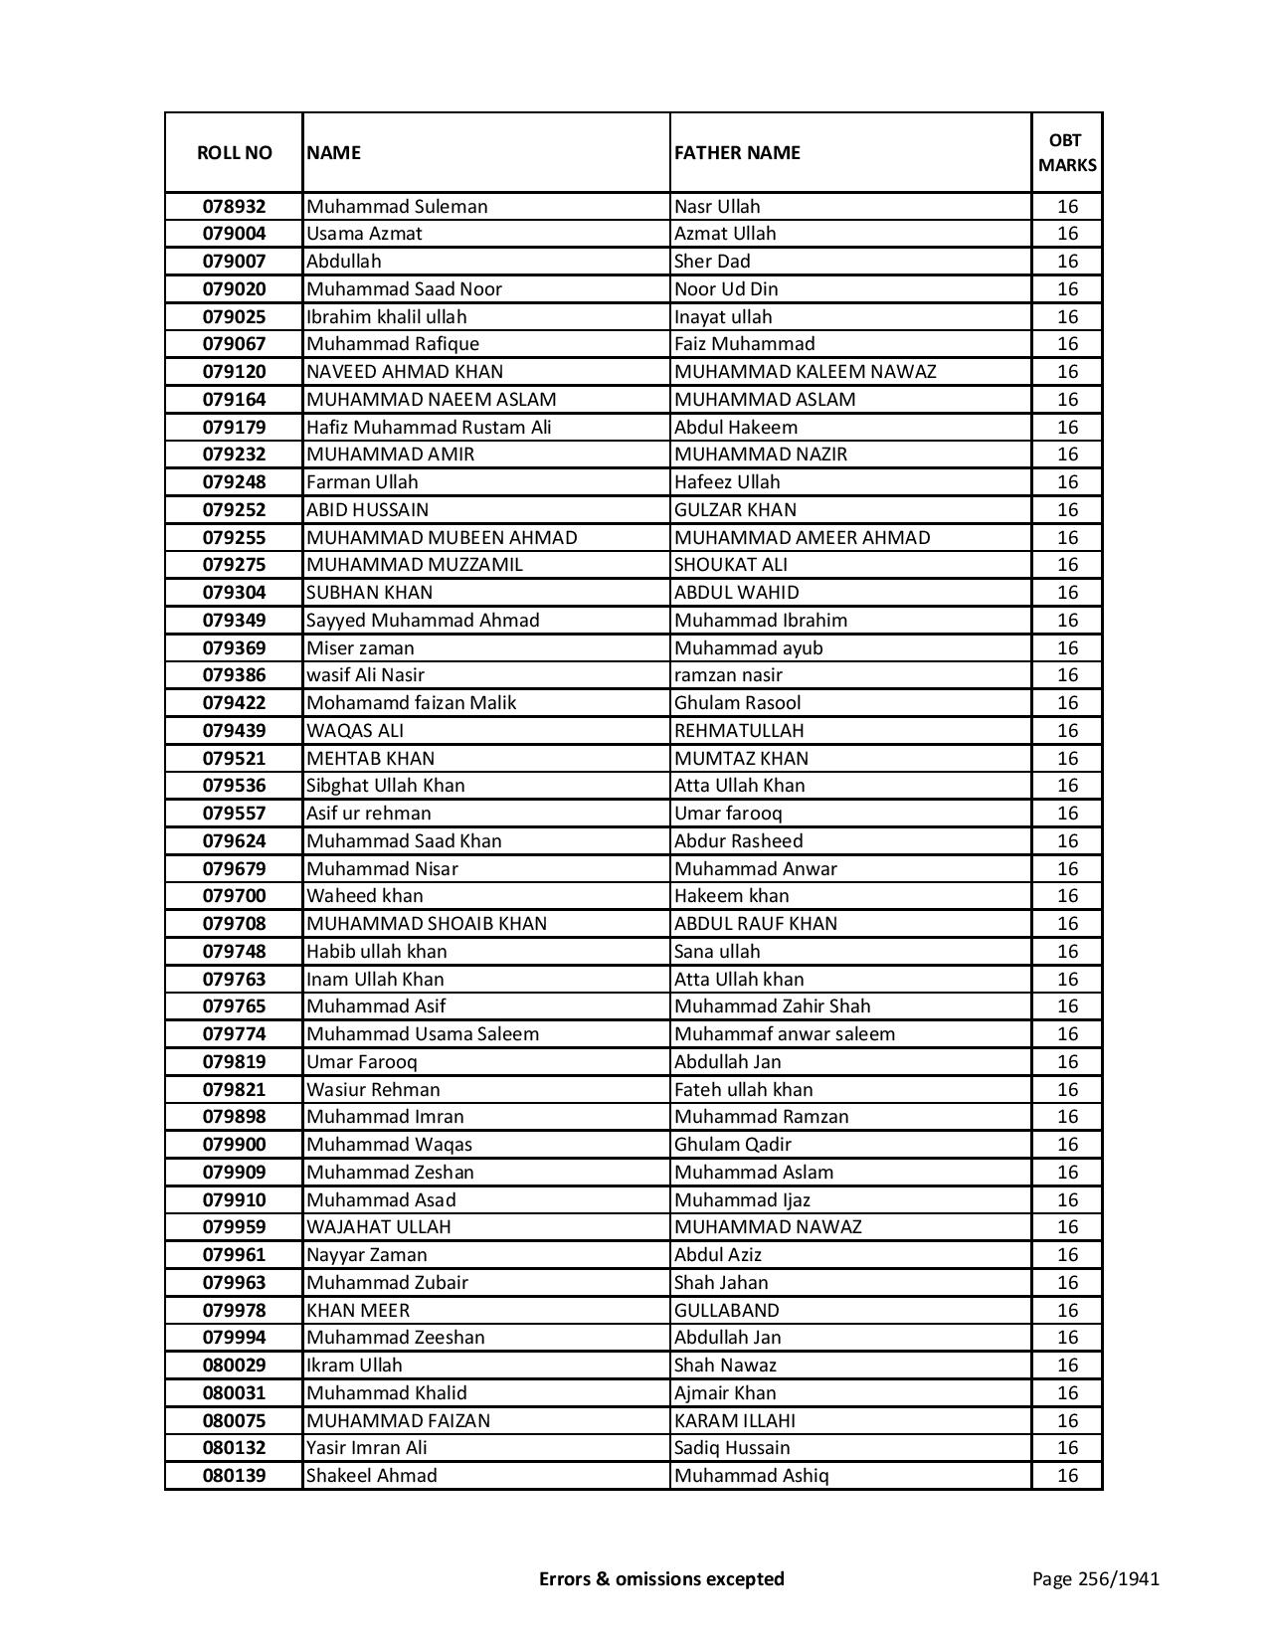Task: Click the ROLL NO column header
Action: [234, 152]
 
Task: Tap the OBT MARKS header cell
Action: [1067, 152]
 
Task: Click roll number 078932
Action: [234, 207]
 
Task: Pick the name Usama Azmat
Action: [364, 234]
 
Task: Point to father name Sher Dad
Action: [712, 262]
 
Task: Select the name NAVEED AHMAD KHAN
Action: [405, 372]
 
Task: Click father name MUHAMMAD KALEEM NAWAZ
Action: [805, 372]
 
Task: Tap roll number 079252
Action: [234, 510]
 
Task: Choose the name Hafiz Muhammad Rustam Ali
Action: [429, 428]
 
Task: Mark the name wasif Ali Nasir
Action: [365, 675]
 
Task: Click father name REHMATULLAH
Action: [739, 731]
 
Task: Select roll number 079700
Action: [234, 896]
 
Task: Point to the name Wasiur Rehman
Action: [373, 1090]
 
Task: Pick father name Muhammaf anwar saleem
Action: [784, 1034]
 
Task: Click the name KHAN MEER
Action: [358, 1311]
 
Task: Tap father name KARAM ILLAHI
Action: [734, 1421]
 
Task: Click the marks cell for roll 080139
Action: [1067, 1476]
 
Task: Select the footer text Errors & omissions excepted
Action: [661, 1578]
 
